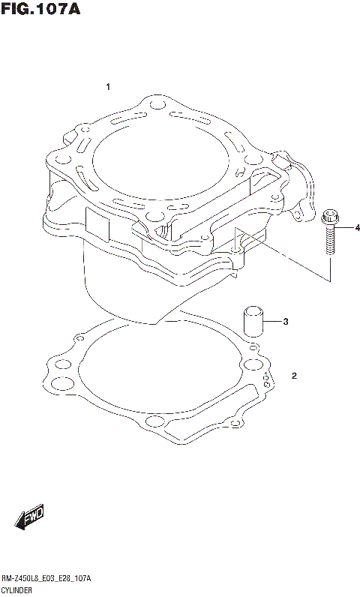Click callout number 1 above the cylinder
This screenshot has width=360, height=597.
(108, 88)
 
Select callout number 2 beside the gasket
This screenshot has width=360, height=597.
(294, 375)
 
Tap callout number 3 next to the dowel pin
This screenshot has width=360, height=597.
(285, 322)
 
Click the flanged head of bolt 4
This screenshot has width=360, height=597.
(328, 220)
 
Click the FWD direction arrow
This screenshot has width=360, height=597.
(30, 517)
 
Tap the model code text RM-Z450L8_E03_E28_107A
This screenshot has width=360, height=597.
(46, 579)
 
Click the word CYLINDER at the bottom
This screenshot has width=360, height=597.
(18, 591)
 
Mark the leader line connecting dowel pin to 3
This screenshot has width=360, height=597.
(273, 322)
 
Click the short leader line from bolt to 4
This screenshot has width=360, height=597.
(344, 227)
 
